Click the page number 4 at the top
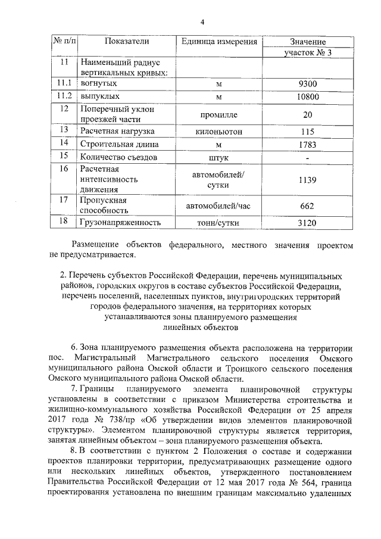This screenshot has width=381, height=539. point(202,23)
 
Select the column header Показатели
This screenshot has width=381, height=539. point(126,42)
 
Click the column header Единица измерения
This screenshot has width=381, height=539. point(218,42)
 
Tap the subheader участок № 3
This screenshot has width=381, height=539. point(307,53)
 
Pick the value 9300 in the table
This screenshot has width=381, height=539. point(307,84)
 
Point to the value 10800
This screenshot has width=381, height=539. point(307,96)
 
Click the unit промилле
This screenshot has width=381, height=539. point(218,114)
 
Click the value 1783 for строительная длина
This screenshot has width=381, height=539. point(307,144)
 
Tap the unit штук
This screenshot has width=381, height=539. point(218,157)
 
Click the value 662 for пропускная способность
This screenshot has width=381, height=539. point(307,205)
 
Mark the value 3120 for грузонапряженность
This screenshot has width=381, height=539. point(307,223)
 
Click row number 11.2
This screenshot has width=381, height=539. point(64,96)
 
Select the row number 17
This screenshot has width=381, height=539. point(64,200)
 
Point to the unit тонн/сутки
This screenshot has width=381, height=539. point(218,223)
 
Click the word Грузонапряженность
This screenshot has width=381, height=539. point(120,223)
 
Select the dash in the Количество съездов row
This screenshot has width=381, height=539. point(307,158)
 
